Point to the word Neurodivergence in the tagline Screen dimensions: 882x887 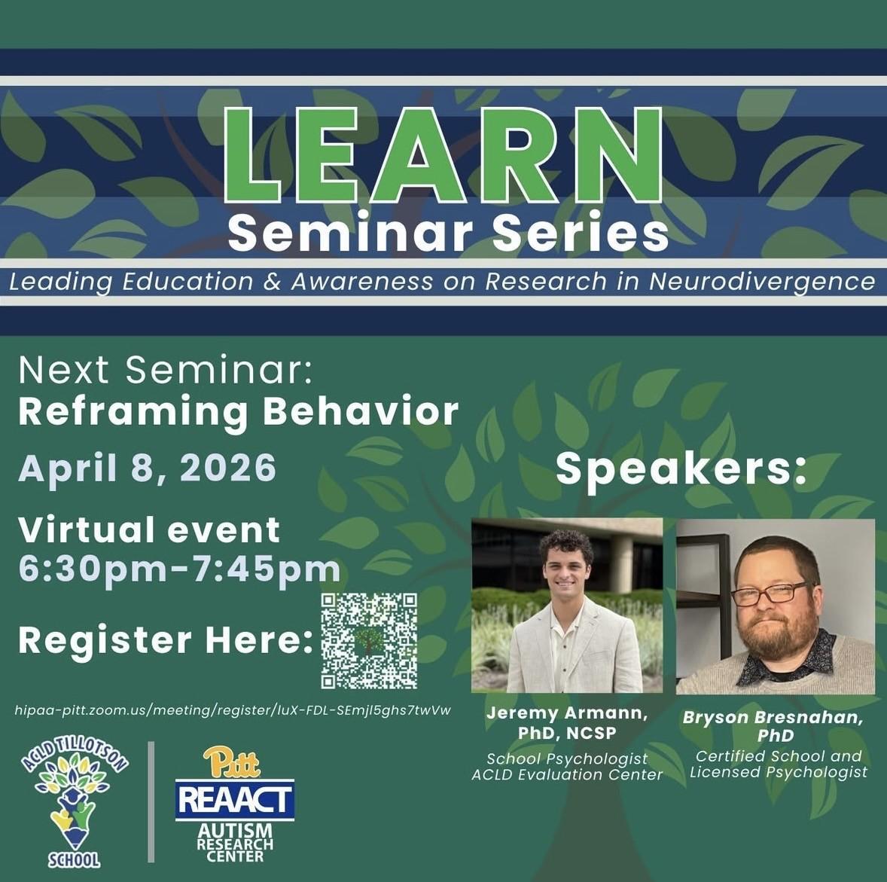tap(762, 282)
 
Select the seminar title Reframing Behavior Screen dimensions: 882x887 tap(238, 411)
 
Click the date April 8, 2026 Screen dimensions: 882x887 tap(148, 468)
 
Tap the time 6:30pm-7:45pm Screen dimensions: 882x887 tap(179, 569)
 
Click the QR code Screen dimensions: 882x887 tap(369, 640)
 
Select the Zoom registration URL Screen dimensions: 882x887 tap(233, 710)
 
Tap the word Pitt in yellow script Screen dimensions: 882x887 tap(232, 762)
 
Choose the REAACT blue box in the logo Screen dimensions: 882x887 tap(235, 799)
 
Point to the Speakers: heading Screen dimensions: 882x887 tap(681, 468)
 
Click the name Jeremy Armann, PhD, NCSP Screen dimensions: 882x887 tap(567, 722)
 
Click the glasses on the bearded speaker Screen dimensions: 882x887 tap(770, 594)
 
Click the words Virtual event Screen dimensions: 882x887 tap(149, 530)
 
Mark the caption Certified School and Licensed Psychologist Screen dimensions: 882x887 tap(778, 764)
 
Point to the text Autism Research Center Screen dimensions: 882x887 tap(234, 842)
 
